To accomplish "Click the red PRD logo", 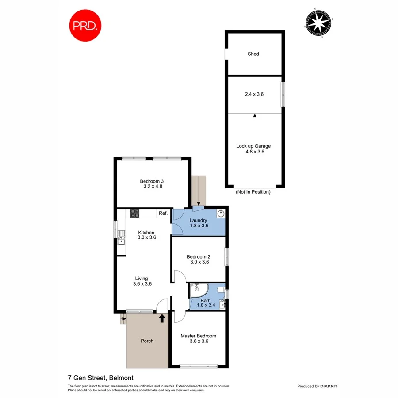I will (85, 25).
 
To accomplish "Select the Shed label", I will (253, 54).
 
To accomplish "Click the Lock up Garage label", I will (253, 146).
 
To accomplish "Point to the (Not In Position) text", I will (253, 192).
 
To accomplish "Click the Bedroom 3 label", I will (152, 181).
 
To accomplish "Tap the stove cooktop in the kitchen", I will (135, 214).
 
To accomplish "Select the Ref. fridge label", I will (163, 214).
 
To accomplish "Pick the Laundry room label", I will (198, 220).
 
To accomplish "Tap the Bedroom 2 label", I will (198, 256).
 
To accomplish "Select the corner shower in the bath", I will (196, 291).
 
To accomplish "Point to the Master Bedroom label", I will (198, 336).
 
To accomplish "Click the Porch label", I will (147, 341).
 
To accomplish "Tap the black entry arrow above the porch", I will (162, 317).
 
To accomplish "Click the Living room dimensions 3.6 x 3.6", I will (142, 284).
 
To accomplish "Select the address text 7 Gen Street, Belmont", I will (100, 378).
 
